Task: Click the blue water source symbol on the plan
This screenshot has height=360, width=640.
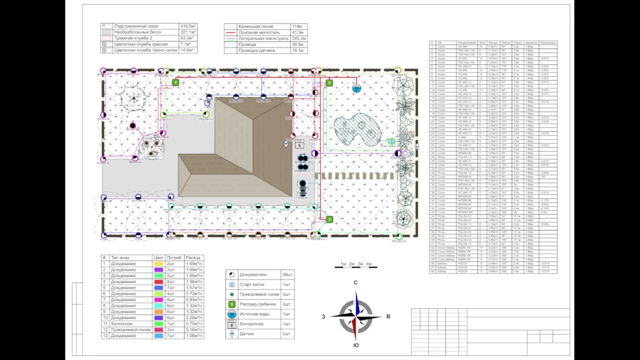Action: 356,88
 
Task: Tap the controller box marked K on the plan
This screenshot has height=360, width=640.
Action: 299,145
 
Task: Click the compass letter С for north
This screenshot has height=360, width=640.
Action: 355,282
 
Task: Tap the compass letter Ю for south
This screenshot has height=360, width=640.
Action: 355,345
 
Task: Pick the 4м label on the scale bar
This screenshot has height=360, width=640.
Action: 368,263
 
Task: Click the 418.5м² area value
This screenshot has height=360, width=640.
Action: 188,26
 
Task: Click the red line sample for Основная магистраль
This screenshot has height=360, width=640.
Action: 230,32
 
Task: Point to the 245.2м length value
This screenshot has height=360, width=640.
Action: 299,38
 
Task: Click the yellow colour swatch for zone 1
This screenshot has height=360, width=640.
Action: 158,263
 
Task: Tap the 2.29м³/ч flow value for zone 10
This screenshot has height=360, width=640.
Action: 193,317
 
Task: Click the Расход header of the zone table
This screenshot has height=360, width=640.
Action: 193,257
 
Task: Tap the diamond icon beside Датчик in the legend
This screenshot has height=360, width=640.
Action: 231,334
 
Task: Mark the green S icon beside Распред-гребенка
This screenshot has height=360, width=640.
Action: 231,304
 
